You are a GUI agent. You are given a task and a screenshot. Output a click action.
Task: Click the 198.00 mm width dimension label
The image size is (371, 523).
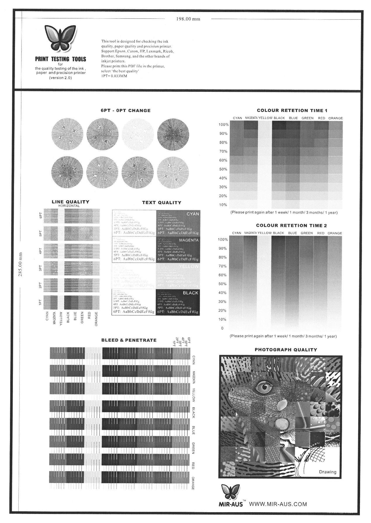pyautogui.click(x=188, y=19)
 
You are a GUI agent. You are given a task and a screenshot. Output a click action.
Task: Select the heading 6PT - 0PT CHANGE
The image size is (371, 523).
pyautogui.click(x=125, y=111)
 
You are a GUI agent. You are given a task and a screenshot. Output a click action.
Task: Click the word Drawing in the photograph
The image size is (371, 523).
pyautogui.click(x=327, y=472)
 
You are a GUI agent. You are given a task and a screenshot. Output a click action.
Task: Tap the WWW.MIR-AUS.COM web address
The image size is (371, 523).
pyautogui.click(x=278, y=504)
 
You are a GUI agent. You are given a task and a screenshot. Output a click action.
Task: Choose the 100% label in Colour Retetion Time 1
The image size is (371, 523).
pyautogui.click(x=223, y=125)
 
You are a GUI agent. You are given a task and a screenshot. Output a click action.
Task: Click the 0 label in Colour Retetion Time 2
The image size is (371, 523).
pyautogui.click(x=222, y=328)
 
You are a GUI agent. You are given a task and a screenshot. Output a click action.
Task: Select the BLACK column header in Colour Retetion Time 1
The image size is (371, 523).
pyautogui.click(x=279, y=118)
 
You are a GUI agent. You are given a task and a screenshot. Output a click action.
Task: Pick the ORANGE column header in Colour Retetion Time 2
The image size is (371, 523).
pyautogui.click(x=335, y=233)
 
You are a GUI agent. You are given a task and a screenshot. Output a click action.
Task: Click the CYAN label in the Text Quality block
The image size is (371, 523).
pyautogui.click(x=193, y=214)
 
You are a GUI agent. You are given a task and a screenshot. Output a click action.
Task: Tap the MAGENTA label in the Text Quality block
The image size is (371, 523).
pyautogui.click(x=189, y=240)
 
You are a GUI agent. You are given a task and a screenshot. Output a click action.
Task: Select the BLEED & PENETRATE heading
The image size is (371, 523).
pyautogui.click(x=129, y=340)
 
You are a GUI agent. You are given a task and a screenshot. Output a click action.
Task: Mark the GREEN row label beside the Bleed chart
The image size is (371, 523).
pyautogui.click(x=193, y=448)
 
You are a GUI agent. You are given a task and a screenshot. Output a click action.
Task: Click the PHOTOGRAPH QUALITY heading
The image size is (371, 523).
pyautogui.click(x=286, y=350)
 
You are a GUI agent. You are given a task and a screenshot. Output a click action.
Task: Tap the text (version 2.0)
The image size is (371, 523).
pyautogui.click(x=60, y=78)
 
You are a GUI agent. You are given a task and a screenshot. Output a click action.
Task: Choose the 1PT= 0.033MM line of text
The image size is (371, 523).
pyautogui.click(x=114, y=76)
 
